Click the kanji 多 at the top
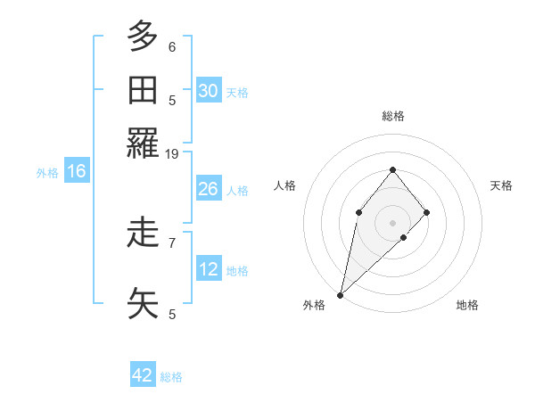coord(144,37)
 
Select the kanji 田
coord(144,91)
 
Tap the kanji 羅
coord(144,144)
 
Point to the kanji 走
coord(144,234)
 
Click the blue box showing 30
coord(208,90)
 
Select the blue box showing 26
coord(208,189)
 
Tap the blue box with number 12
coord(208,269)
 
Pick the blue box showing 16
coord(77,171)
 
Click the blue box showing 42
coord(143,375)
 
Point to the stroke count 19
coord(172,154)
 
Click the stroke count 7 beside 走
coord(172,242)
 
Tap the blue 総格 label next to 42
coord(171,377)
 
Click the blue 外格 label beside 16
coord(47,173)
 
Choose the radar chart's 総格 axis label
coord(392,116)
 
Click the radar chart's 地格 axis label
coord(467,306)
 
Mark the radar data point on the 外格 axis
coord(341,293)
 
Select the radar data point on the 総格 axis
coord(392,169)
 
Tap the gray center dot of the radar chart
coord(392,222)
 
